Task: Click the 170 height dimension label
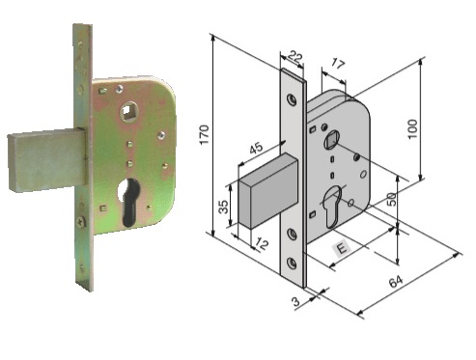[x=204, y=135]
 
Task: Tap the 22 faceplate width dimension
[x=295, y=57]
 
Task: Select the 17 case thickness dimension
[x=337, y=65]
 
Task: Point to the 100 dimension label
[x=412, y=128]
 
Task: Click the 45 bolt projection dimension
[x=256, y=149]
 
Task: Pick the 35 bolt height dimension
[x=223, y=207]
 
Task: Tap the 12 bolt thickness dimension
[x=263, y=244]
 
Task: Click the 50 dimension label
[x=391, y=199]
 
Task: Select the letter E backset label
[x=342, y=248]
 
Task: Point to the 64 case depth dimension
[x=396, y=282]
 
